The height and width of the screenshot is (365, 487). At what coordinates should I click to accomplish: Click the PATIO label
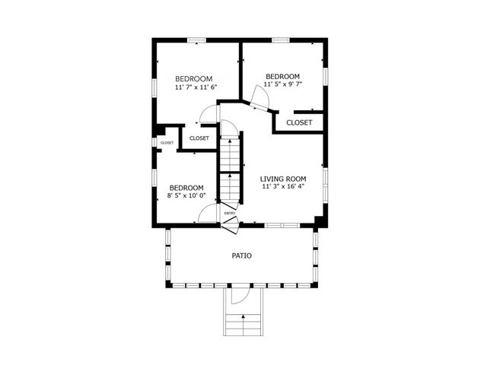tap(242, 255)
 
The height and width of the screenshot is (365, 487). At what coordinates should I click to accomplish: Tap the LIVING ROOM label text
tap(283, 179)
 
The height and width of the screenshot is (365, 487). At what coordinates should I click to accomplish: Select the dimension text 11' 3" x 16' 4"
tap(283, 187)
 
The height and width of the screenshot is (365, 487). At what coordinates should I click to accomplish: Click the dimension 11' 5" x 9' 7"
tap(282, 85)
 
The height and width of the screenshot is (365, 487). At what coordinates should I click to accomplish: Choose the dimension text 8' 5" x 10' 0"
tap(186, 196)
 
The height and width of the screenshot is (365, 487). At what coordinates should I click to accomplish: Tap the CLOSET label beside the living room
tap(298, 122)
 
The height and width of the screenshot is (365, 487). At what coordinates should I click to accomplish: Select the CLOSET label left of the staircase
tap(199, 138)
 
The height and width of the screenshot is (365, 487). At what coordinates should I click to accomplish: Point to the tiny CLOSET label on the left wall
tap(167, 142)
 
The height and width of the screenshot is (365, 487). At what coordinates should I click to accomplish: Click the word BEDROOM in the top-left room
tap(193, 78)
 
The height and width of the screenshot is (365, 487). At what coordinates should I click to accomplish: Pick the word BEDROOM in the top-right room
tap(282, 76)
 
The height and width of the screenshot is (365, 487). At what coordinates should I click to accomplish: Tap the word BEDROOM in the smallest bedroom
tap(186, 188)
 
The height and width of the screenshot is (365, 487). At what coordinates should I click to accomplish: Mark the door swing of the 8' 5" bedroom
tap(208, 214)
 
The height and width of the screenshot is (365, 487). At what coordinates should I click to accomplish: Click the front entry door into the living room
tap(231, 222)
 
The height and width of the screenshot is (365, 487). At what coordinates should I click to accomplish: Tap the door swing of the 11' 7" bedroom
tap(206, 116)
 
